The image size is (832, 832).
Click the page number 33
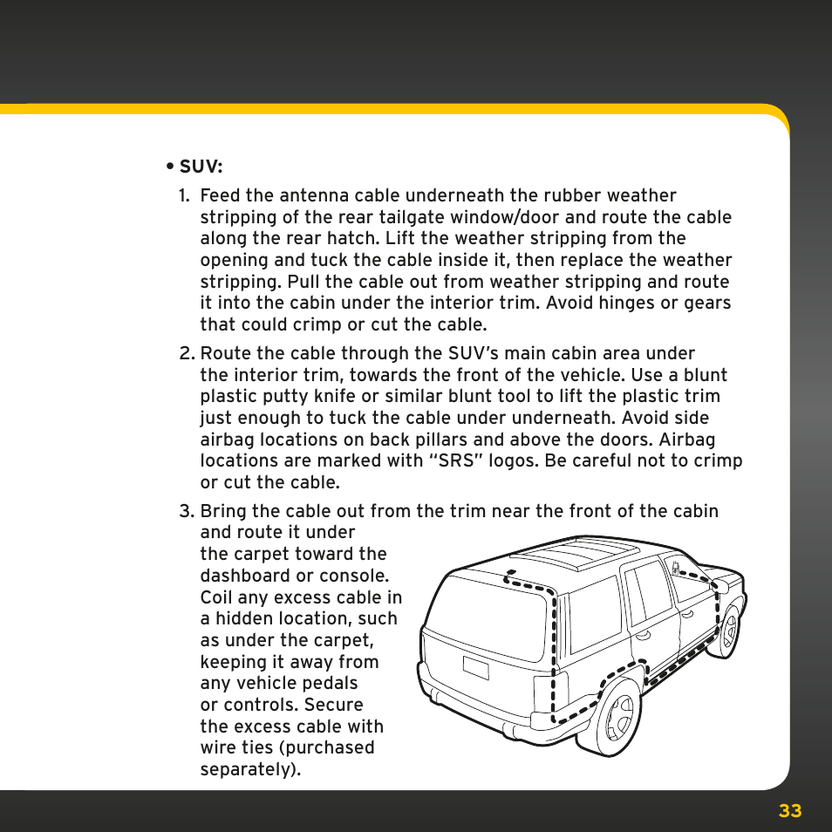click(789, 811)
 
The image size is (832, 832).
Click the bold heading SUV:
click(201, 167)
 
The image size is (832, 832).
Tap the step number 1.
click(184, 196)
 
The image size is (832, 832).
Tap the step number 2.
click(186, 354)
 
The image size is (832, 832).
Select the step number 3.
click(186, 511)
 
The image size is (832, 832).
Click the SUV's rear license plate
click(475, 668)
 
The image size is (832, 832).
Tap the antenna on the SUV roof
click(507, 576)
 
